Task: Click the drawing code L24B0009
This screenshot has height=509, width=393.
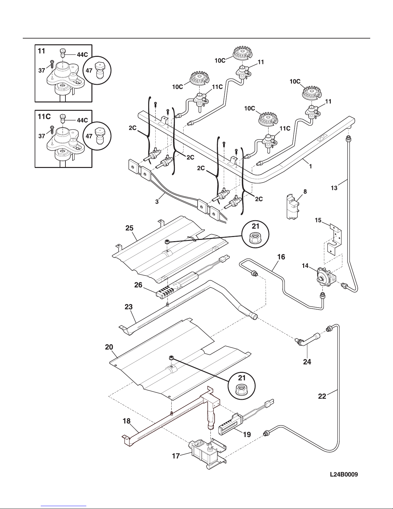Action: coord(344,474)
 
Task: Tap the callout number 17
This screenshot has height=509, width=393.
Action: coord(176,456)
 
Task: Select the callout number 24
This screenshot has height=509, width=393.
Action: coord(307,362)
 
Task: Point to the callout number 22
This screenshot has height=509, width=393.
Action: coord(322,396)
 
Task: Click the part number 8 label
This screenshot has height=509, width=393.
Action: coord(305,192)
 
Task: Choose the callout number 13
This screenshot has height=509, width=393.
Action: coord(334,188)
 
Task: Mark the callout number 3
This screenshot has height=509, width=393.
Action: coord(157,202)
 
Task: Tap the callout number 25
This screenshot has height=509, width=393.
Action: coord(129,228)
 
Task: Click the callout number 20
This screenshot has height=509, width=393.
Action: coord(109,347)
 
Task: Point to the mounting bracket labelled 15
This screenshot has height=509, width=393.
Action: coord(334,239)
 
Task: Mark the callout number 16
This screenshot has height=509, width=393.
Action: coord(281,257)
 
